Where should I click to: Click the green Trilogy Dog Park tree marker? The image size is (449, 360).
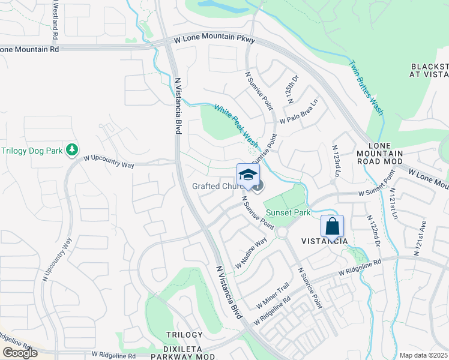(73, 149)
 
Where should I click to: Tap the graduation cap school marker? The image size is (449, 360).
(248, 175)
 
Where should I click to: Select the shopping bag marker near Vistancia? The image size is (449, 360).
(332, 226)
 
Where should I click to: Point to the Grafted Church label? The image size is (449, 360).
(217, 186)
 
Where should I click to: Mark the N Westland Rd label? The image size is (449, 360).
(55, 19)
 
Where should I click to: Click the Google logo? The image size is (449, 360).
(20, 353)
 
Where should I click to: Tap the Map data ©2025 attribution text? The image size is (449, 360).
(423, 355)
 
